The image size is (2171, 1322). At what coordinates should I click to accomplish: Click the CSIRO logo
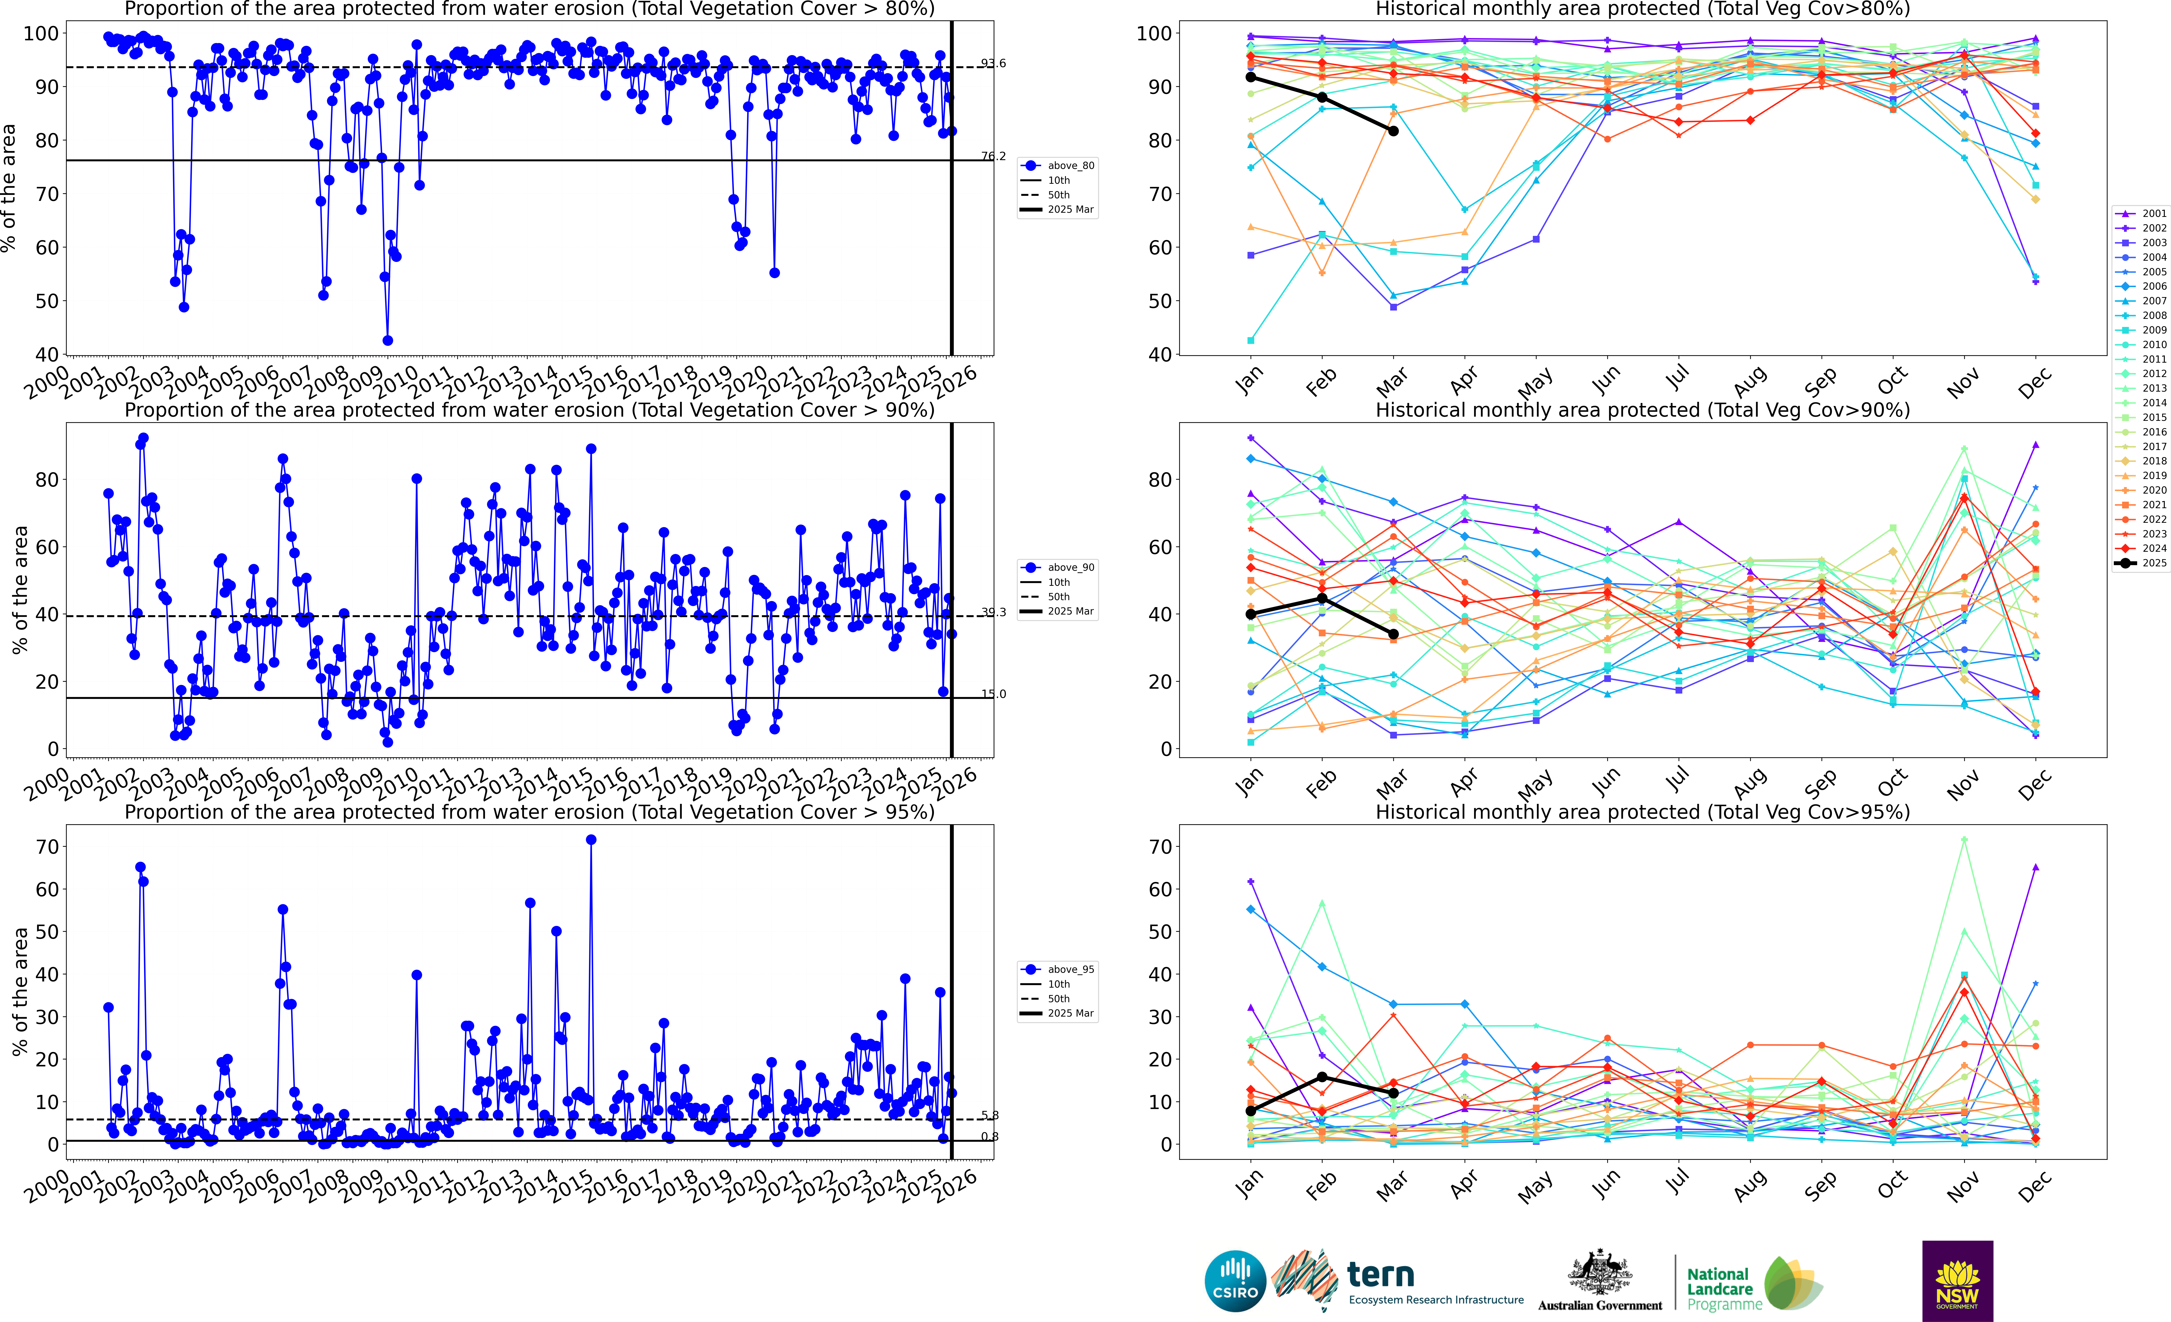[1235, 1281]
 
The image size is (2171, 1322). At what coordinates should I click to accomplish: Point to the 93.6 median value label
[993, 63]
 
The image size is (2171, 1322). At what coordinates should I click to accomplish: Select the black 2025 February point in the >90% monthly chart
[1322, 598]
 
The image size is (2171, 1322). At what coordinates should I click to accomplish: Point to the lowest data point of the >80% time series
[388, 340]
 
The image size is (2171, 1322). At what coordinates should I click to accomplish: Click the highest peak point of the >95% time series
[591, 840]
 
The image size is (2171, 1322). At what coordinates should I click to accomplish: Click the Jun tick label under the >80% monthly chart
[1606, 381]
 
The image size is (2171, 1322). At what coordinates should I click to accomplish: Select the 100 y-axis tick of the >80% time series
[41, 34]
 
